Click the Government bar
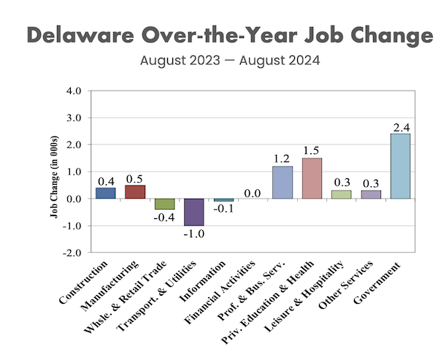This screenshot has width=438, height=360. pyautogui.click(x=400, y=166)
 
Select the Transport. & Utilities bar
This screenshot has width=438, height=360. pyautogui.click(x=193, y=212)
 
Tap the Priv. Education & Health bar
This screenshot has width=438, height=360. pyautogui.click(x=312, y=178)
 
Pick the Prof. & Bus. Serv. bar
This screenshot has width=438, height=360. pyautogui.click(x=282, y=182)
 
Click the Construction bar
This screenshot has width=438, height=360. pyautogui.click(x=105, y=193)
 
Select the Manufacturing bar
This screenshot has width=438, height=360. pyautogui.click(x=134, y=191)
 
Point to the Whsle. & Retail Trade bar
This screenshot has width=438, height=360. pyautogui.click(x=164, y=204)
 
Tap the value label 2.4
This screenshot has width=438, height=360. pyautogui.click(x=401, y=128)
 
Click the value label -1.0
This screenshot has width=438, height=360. pyautogui.click(x=194, y=234)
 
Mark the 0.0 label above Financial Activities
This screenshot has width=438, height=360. pyautogui.click(x=253, y=193)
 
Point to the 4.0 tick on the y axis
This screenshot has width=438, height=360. pyautogui.click(x=74, y=91)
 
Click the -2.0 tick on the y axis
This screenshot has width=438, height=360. pyautogui.click(x=73, y=253)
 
